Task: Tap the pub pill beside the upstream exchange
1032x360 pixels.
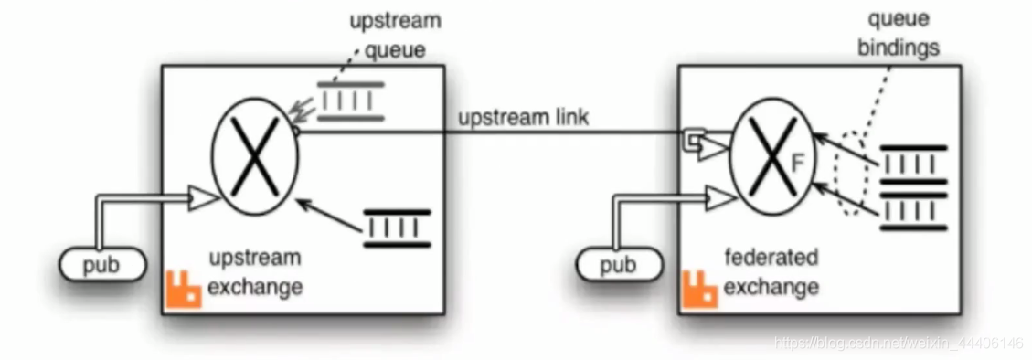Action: point(102,264)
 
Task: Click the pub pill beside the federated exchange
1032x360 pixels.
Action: point(619,264)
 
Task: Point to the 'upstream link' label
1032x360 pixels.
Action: point(523,119)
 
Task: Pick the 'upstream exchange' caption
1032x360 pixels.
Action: point(255,271)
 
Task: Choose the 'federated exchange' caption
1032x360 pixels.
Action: point(771,271)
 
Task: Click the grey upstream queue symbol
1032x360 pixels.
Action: point(350,101)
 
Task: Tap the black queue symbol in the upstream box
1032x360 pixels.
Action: point(397,228)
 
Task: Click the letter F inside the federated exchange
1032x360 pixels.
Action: point(797,163)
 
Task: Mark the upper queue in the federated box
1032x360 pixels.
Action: point(913,164)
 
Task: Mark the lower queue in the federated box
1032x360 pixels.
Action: point(913,212)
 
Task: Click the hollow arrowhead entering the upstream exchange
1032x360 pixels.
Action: point(203,198)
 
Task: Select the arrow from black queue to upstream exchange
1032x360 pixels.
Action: point(329,215)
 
